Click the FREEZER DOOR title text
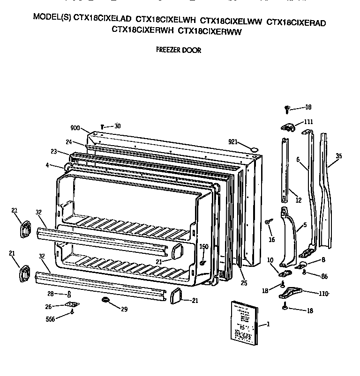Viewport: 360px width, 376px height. [178, 50]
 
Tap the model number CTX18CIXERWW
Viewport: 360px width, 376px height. [210, 31]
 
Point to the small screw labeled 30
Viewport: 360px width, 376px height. [103, 126]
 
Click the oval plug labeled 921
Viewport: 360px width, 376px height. [255, 149]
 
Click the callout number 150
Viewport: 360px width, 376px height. [203, 247]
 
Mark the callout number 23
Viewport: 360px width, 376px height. [53, 151]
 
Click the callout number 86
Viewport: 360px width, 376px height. [323, 276]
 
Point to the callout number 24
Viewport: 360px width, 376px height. [68, 142]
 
